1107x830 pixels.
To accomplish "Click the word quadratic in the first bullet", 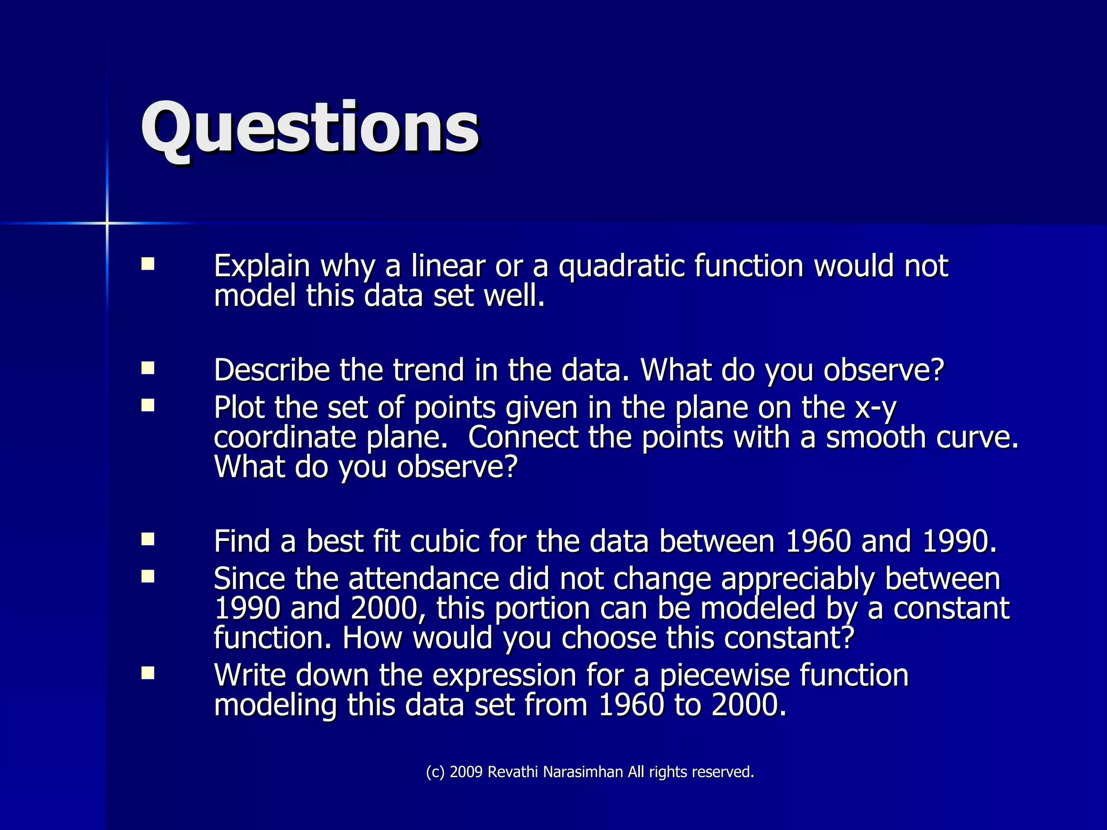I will (622, 266).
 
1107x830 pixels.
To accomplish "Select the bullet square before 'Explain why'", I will (148, 264).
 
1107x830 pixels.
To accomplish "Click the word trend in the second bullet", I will (428, 370).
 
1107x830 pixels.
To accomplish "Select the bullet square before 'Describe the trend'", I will (148, 369).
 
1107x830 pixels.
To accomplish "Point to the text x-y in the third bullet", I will (876, 408).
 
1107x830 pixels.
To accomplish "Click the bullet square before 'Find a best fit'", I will (148, 539).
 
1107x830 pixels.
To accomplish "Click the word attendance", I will (423, 579).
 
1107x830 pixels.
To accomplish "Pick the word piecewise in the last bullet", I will (724, 676).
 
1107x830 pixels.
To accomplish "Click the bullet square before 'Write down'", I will (148, 673).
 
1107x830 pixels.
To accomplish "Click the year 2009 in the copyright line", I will (466, 772).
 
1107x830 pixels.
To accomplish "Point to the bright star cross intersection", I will (107, 223).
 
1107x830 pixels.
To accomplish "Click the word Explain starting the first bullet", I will (262, 266).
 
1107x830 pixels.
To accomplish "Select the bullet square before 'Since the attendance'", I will (148, 577).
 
